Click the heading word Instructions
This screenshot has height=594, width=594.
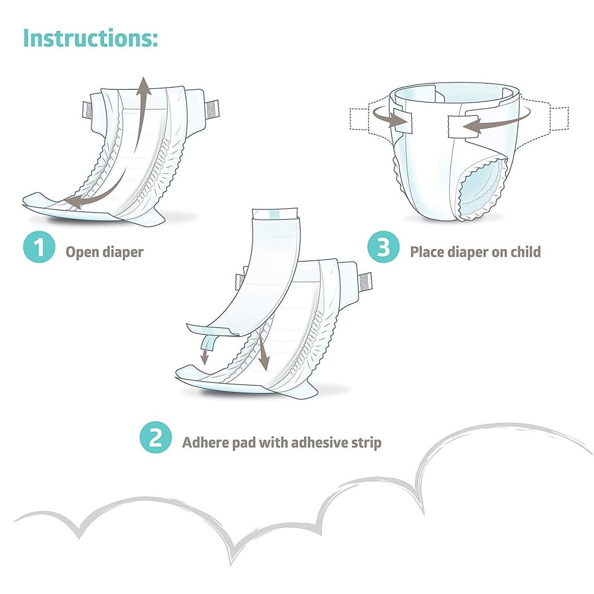pyautogui.click(x=90, y=38)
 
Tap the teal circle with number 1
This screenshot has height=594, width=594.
pyautogui.click(x=39, y=248)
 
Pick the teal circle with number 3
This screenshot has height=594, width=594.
pyautogui.click(x=383, y=248)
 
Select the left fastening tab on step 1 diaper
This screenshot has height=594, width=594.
pyautogui.click(x=88, y=109)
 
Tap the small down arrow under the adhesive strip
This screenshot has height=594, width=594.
pyautogui.click(x=204, y=359)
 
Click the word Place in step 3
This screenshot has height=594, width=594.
pyautogui.click(x=428, y=252)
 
